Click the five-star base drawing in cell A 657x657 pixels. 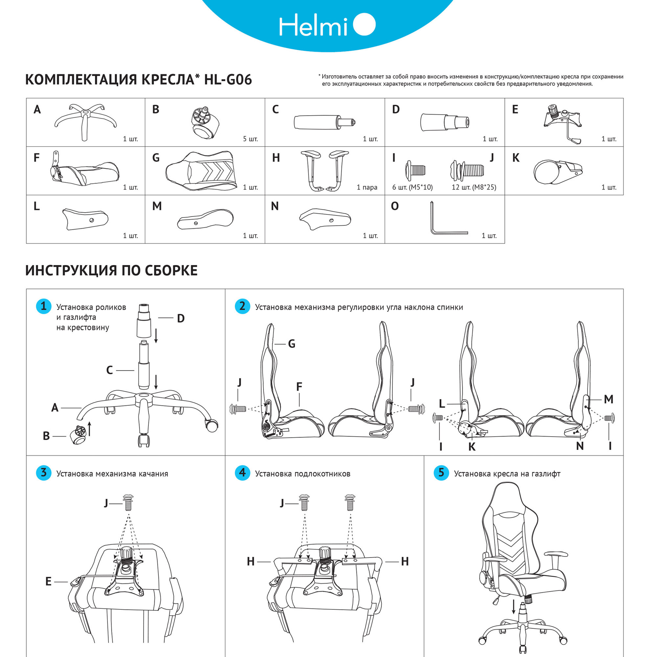85,121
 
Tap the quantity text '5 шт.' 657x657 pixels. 250,139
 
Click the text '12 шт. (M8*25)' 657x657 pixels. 474,187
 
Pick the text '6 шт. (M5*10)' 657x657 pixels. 412,187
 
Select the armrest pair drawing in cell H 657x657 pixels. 325,170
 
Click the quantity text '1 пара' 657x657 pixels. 367,187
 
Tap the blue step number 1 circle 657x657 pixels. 44,306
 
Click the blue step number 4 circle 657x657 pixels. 242,473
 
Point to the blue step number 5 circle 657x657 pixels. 441,473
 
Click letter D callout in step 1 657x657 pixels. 181,319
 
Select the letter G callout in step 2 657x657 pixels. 291,344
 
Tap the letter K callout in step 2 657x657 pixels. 472,447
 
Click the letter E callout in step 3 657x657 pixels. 48,581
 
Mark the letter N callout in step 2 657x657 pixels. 580,446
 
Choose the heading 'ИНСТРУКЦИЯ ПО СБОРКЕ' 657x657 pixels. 112,271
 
